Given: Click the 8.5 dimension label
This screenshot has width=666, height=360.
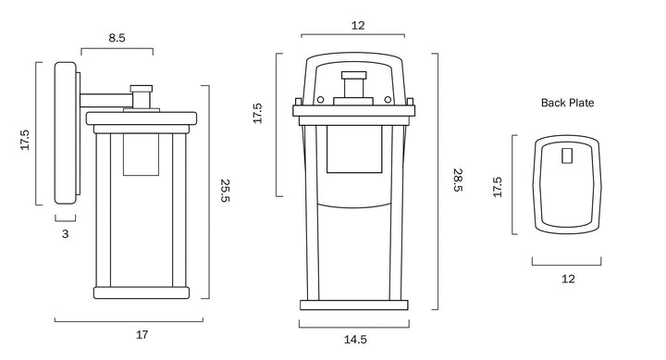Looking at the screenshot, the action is point(117,38).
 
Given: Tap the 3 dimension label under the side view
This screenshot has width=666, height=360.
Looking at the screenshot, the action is point(65,234).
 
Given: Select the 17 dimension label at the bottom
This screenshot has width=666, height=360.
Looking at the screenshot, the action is point(142,335).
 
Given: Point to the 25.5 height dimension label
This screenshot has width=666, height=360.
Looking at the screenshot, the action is point(225,191).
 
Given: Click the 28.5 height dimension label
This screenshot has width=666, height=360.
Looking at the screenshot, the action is point(458,180).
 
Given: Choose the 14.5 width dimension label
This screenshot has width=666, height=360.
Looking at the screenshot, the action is point(355,340).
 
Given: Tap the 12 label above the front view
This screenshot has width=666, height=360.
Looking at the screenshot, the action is point(358,26).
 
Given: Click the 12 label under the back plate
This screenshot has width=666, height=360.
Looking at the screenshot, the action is point(568,279).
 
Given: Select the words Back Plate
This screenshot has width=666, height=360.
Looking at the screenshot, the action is point(567,103).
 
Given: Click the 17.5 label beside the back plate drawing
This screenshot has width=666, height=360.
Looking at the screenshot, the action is point(498,188).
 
